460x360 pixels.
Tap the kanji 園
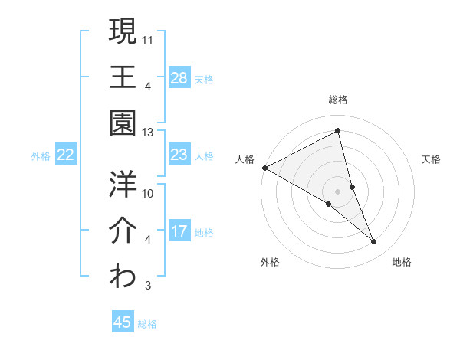tap(123, 123)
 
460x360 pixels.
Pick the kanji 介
tap(123, 230)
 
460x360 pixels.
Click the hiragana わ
tap(123, 277)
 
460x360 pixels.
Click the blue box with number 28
tap(179, 77)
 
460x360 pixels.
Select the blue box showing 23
tap(179, 155)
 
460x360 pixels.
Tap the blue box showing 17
tap(179, 231)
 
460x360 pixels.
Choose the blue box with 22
tap(66, 155)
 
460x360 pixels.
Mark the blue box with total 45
tap(123, 322)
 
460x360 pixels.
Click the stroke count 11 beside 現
tap(149, 38)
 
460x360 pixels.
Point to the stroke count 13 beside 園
tap(148, 132)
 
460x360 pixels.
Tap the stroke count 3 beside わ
tap(148, 286)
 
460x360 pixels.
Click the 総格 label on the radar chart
tap(338, 100)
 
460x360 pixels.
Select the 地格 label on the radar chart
tap(402, 262)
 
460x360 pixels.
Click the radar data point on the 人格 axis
tap(264, 168)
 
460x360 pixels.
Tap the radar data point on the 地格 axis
tap(374, 242)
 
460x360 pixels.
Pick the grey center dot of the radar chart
tap(337, 191)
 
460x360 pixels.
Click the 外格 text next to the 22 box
tap(41, 155)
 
